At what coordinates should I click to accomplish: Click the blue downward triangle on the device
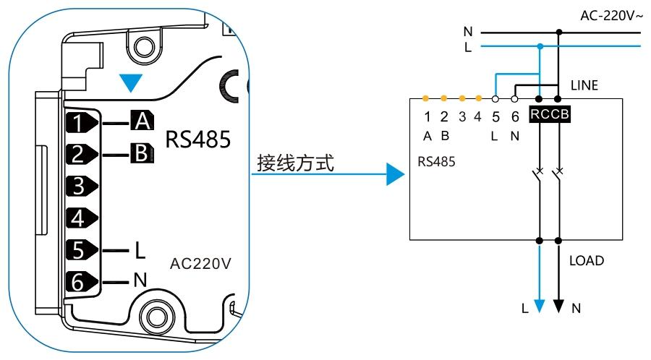[x=130, y=84]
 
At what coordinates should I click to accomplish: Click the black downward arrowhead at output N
[x=558, y=307]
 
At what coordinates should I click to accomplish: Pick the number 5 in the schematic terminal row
[x=495, y=115]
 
